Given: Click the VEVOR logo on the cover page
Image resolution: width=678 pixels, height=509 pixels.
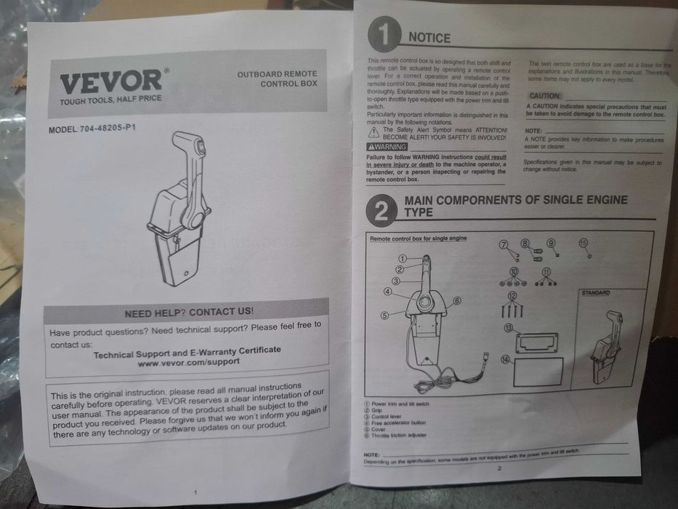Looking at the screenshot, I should pos(111,81).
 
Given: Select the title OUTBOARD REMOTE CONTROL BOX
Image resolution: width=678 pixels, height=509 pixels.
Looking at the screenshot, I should pos(277,79).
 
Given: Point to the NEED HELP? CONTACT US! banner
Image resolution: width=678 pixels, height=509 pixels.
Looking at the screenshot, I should pos(189,312).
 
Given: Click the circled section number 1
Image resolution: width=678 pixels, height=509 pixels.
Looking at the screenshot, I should pos(384,34).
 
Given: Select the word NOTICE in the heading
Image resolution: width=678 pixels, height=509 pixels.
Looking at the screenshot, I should pos(429,38).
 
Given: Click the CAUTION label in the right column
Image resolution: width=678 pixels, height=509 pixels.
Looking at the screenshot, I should pos(544,96).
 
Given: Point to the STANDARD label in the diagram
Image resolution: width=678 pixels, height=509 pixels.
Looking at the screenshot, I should pos(595,292).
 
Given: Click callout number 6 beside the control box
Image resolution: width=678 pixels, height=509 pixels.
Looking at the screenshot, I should pos(457,300).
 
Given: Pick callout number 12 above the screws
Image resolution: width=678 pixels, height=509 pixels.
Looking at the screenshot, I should pos(512,295).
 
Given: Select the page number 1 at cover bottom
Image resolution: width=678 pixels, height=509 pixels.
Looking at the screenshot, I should pos(195,492).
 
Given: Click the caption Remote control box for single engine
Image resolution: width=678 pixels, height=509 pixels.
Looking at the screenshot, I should pos(418,238).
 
